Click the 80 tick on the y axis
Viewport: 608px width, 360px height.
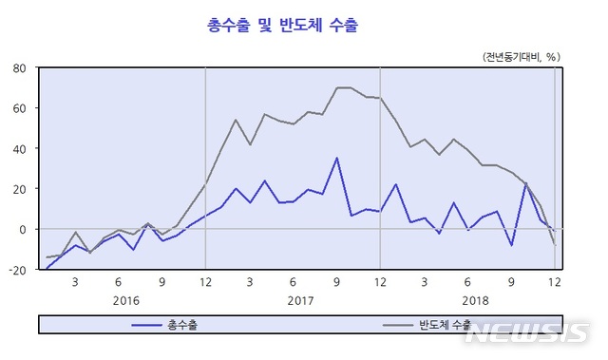coord(19,68)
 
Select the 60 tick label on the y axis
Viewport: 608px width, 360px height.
coord(19,108)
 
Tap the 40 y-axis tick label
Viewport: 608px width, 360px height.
coord(19,149)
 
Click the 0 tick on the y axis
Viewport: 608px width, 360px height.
coord(23,229)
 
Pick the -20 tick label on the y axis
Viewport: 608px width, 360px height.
coord(16,270)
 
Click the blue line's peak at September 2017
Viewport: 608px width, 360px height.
coord(336,158)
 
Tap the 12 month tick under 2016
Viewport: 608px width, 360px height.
coord(206,282)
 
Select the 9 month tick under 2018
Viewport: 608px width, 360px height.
coord(510,282)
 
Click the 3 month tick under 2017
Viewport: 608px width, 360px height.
coord(250,282)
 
